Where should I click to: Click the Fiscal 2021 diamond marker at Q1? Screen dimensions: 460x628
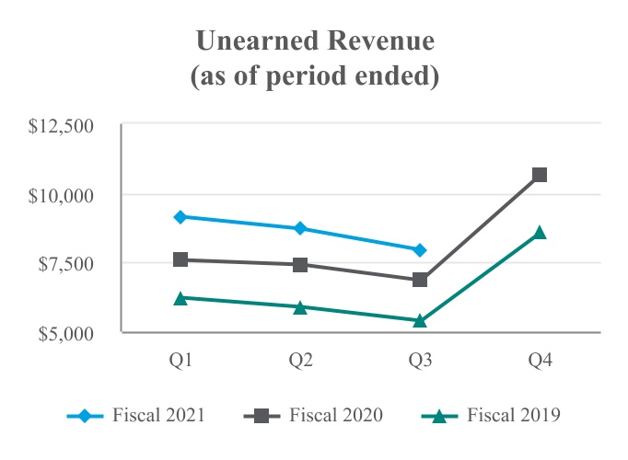coord(180,217)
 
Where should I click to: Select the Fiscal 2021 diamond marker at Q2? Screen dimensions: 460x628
coord(300,228)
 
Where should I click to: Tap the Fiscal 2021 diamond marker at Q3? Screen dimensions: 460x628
coord(420,250)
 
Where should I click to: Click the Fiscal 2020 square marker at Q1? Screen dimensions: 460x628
coord(180,259)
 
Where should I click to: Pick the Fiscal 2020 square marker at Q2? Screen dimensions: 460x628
coord(300,265)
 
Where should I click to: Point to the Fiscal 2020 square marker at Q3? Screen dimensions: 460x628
coord(420,280)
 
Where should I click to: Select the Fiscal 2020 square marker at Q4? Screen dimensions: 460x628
coord(540,174)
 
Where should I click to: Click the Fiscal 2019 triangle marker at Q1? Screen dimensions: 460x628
coord(180,298)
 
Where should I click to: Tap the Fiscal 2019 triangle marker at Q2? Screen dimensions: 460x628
coord(300,307)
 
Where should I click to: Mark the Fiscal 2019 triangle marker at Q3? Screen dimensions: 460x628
coord(420,321)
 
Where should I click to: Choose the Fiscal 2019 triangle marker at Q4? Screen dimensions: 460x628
coord(540,233)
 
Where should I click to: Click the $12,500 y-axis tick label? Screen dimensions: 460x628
coord(65,125)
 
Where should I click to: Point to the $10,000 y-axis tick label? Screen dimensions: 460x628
coord(65,195)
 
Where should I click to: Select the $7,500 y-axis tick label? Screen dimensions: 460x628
coord(69,264)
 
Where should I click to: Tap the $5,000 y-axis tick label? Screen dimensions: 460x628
coord(69,333)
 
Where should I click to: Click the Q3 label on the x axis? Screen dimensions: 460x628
coord(420,360)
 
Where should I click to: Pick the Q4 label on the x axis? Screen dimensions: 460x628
coord(540,360)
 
